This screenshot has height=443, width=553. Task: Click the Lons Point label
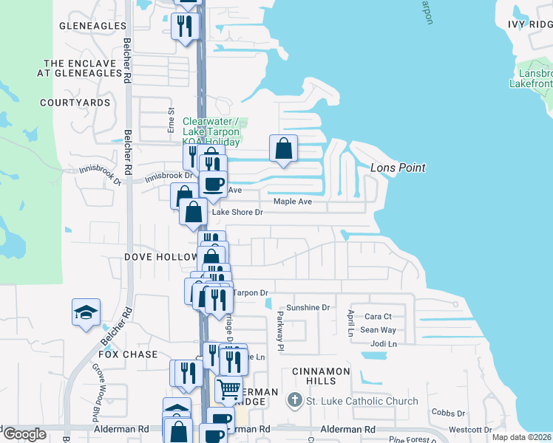pos(398,168)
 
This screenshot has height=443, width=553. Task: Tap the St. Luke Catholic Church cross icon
pos(294,401)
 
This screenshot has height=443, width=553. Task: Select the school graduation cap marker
pos(86,312)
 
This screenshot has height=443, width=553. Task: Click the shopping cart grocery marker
pos(228,388)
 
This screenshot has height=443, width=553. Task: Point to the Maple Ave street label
pos(293,201)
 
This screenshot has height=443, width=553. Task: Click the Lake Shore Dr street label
pos(237,213)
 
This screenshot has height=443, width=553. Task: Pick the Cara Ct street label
pos(378,316)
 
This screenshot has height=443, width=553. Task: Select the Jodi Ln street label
pos(384,344)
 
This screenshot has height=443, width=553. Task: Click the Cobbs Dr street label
pos(446,412)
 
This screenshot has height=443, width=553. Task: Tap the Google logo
pos(24,434)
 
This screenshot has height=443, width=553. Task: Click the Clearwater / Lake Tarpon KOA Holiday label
pos(211,131)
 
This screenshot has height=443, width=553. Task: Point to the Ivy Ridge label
pos(530,24)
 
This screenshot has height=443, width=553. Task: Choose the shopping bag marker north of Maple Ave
pos(283,148)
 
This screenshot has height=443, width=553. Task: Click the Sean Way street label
pos(378,330)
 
